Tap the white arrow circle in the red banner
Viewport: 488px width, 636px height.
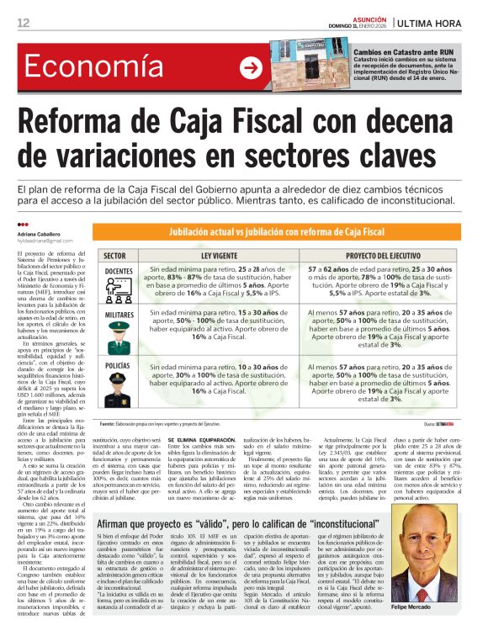coord(250,68)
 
